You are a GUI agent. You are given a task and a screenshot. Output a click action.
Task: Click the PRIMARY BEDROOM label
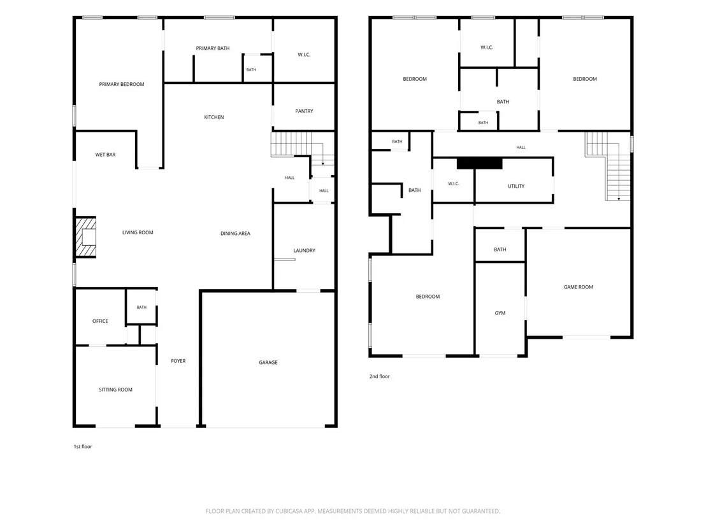[122, 84]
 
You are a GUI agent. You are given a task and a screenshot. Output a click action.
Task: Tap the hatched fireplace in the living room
[85, 237]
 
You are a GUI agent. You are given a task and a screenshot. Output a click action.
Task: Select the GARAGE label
[268, 362]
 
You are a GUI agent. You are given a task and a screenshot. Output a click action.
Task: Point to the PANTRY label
[304, 111]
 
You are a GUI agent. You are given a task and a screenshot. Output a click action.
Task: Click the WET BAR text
[105, 155]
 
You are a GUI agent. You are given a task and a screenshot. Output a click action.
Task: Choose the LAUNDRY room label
[305, 251]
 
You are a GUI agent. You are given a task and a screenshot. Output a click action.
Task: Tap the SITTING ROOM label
[116, 390]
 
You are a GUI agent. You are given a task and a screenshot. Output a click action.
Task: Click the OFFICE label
[100, 321]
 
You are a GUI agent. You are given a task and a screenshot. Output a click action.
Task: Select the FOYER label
[178, 361]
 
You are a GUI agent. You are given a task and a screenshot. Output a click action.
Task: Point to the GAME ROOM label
[579, 287]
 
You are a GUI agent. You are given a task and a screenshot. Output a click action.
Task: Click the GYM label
[500, 313]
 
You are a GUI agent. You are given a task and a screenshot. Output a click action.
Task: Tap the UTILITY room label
[516, 187]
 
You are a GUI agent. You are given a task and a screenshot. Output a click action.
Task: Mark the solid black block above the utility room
[480, 164]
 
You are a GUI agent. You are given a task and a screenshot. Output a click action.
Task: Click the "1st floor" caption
[83, 447]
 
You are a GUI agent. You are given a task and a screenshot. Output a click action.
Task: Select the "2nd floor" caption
[380, 376]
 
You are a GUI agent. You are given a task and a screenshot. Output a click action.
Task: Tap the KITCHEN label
[214, 117]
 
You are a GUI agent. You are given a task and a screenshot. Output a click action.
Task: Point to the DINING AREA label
[236, 234]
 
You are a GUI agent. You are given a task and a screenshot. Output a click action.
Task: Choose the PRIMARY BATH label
[213, 48]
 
